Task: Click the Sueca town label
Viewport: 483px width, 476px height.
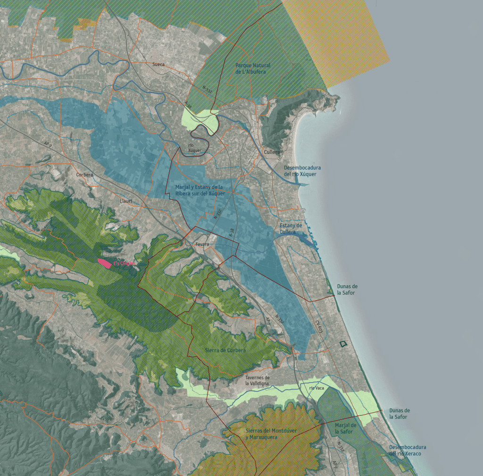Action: click(158, 64)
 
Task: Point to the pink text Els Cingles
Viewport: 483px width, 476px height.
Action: click(125, 263)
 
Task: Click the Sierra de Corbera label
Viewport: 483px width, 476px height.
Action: click(225, 350)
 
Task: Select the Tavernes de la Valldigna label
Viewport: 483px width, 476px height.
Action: click(257, 381)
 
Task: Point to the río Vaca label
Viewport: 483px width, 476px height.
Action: click(317, 388)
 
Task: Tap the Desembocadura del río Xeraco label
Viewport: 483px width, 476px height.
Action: click(408, 450)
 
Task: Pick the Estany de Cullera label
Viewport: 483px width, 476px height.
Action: click(291, 229)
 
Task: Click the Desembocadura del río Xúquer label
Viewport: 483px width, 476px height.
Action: click(302, 171)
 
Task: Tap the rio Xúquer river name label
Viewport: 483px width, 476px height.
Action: click(195, 148)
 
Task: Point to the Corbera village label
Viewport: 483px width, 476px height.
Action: click(85, 175)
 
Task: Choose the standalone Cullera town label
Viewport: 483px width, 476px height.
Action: click(272, 152)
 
